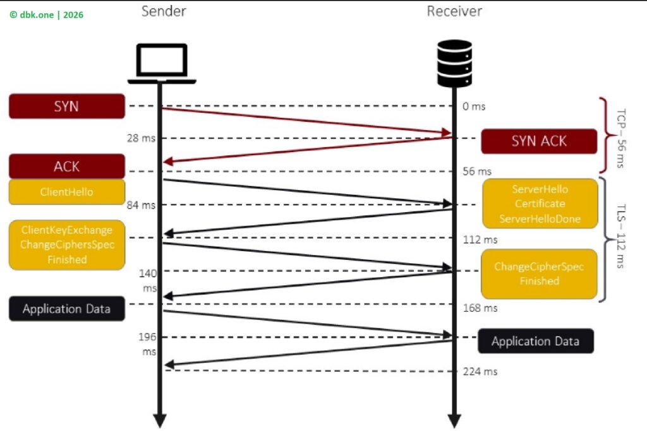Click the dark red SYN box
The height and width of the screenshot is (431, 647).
point(66,106)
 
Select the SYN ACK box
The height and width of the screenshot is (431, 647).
point(539,141)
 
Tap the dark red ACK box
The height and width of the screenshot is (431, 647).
point(66,166)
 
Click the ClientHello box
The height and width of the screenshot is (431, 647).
point(66,192)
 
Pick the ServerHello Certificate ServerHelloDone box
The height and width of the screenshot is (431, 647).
point(540,204)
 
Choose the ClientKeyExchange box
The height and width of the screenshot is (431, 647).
point(66,245)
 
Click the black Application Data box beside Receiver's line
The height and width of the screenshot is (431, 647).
point(535,341)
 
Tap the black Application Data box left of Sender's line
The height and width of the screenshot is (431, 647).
point(66,309)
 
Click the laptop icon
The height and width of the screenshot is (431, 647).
point(162,63)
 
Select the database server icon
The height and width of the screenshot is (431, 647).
point(454,63)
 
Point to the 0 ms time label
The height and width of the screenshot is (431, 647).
point(474,107)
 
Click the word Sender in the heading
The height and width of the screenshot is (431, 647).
point(163,11)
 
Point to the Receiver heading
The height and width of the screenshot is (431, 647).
point(454,11)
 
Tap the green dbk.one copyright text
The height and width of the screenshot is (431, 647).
point(46,15)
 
